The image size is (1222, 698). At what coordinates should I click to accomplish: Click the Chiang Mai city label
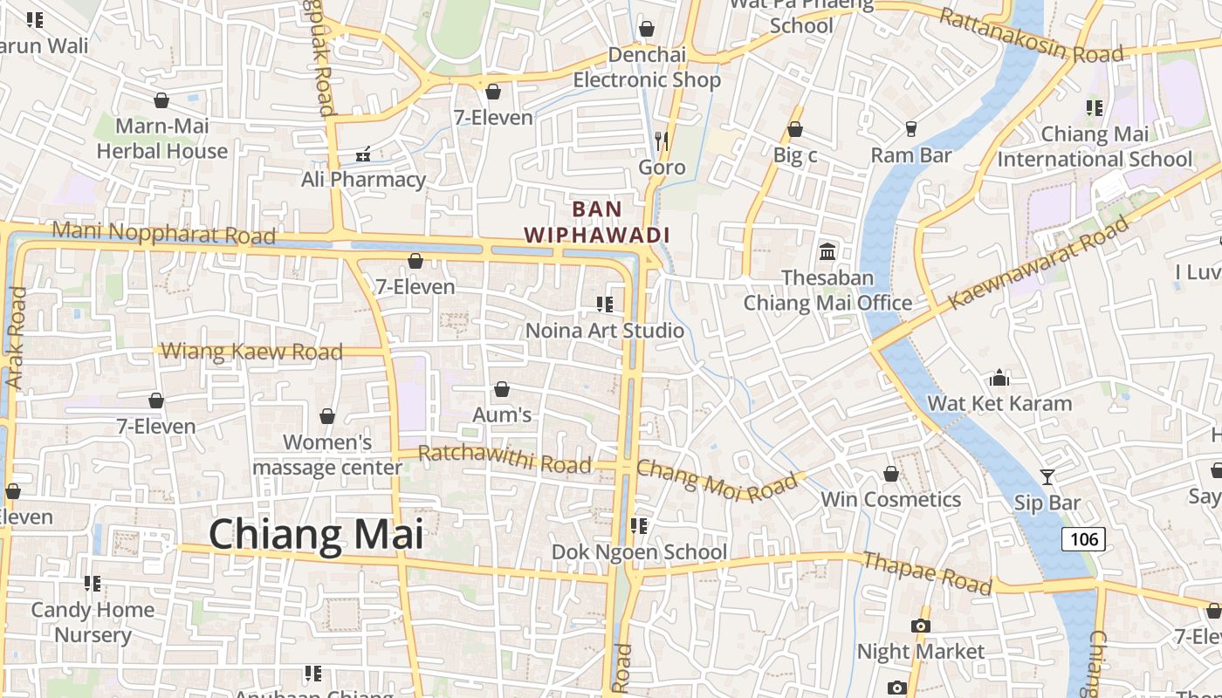(316, 533)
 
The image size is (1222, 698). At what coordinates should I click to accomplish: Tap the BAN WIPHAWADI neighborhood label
(598, 222)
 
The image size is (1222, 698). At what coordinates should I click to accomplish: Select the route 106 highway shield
(1083, 539)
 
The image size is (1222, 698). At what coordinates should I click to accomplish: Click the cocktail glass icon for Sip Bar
(1047, 476)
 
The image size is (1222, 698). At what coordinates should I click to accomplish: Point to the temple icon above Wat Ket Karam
(999, 378)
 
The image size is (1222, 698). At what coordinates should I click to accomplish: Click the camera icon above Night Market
(920, 626)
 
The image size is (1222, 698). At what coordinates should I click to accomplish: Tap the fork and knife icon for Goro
(662, 140)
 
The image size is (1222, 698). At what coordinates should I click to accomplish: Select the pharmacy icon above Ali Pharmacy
(363, 154)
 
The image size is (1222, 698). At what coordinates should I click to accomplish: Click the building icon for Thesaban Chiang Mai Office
(827, 252)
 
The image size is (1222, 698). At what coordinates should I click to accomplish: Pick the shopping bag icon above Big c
(795, 130)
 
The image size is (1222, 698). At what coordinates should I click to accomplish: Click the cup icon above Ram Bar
(911, 129)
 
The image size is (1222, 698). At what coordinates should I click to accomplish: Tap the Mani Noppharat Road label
(163, 233)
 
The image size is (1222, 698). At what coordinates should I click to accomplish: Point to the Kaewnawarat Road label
(1039, 263)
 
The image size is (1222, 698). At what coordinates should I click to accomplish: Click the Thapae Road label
(927, 573)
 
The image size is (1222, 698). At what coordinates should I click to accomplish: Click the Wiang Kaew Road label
(252, 352)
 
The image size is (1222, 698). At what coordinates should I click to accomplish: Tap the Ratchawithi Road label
(505, 459)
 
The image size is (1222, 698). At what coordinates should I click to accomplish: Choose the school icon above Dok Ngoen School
(639, 526)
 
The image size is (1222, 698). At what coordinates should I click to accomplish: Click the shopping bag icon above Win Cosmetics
(891, 474)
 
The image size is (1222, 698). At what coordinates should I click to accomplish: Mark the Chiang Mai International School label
(1095, 147)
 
